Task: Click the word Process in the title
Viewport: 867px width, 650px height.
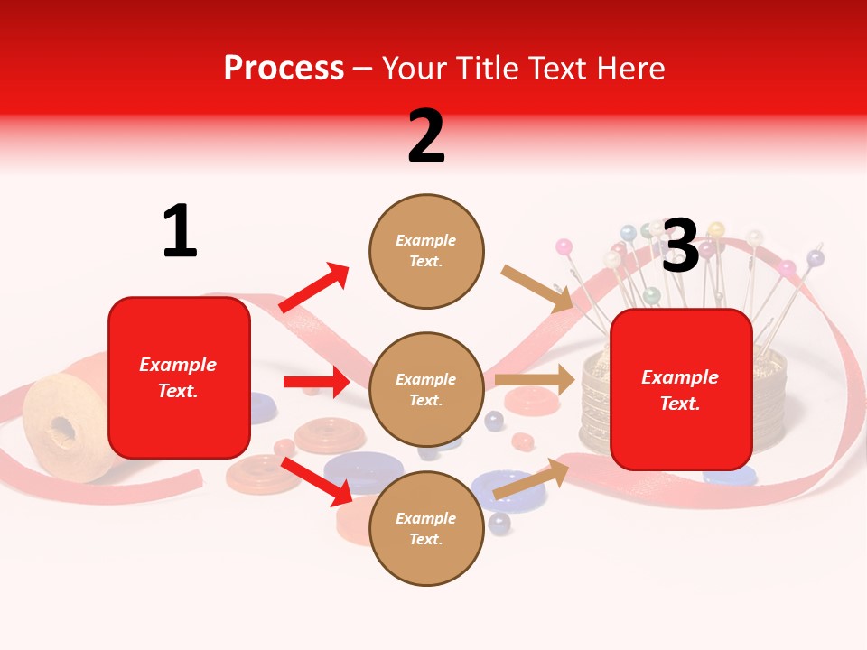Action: [x=284, y=68]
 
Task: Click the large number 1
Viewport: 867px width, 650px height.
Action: [x=180, y=231]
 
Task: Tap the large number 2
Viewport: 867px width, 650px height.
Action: [x=426, y=135]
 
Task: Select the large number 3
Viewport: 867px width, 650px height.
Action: [x=680, y=246]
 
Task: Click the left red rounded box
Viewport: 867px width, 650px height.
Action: [x=179, y=377]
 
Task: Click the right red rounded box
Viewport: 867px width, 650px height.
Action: [x=681, y=390]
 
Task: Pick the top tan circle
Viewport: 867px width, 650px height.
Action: [x=426, y=251]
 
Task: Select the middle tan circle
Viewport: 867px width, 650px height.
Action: [x=426, y=390]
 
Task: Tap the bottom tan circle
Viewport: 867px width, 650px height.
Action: [x=426, y=528]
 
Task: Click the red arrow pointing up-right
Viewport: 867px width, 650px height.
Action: [x=314, y=288]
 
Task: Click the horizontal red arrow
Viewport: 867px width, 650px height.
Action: [x=316, y=382]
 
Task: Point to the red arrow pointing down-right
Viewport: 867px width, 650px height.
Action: [x=317, y=481]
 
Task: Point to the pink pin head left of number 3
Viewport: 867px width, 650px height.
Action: [x=564, y=246]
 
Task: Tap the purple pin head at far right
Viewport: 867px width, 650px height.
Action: [x=815, y=258]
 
